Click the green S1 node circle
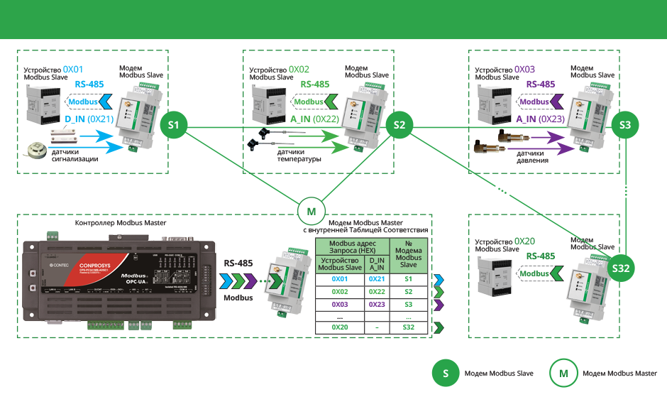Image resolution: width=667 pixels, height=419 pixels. (x=174, y=126)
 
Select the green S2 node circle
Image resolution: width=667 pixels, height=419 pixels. (x=399, y=126)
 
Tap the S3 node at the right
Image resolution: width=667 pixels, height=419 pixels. (x=625, y=125)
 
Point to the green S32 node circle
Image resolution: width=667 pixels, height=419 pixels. (x=624, y=268)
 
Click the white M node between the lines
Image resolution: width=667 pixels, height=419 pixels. (x=311, y=211)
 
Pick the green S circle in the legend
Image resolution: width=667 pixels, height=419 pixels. (x=446, y=373)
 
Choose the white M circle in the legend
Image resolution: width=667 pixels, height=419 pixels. (x=563, y=373)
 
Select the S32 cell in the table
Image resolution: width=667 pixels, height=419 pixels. (x=408, y=327)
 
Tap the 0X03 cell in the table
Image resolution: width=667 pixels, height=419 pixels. (x=341, y=303)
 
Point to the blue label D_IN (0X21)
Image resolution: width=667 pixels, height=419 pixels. (x=89, y=119)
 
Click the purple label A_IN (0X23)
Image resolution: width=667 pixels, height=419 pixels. (x=541, y=119)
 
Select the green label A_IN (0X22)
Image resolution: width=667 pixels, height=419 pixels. (x=315, y=119)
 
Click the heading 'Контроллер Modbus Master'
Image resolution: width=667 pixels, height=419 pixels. (x=121, y=224)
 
